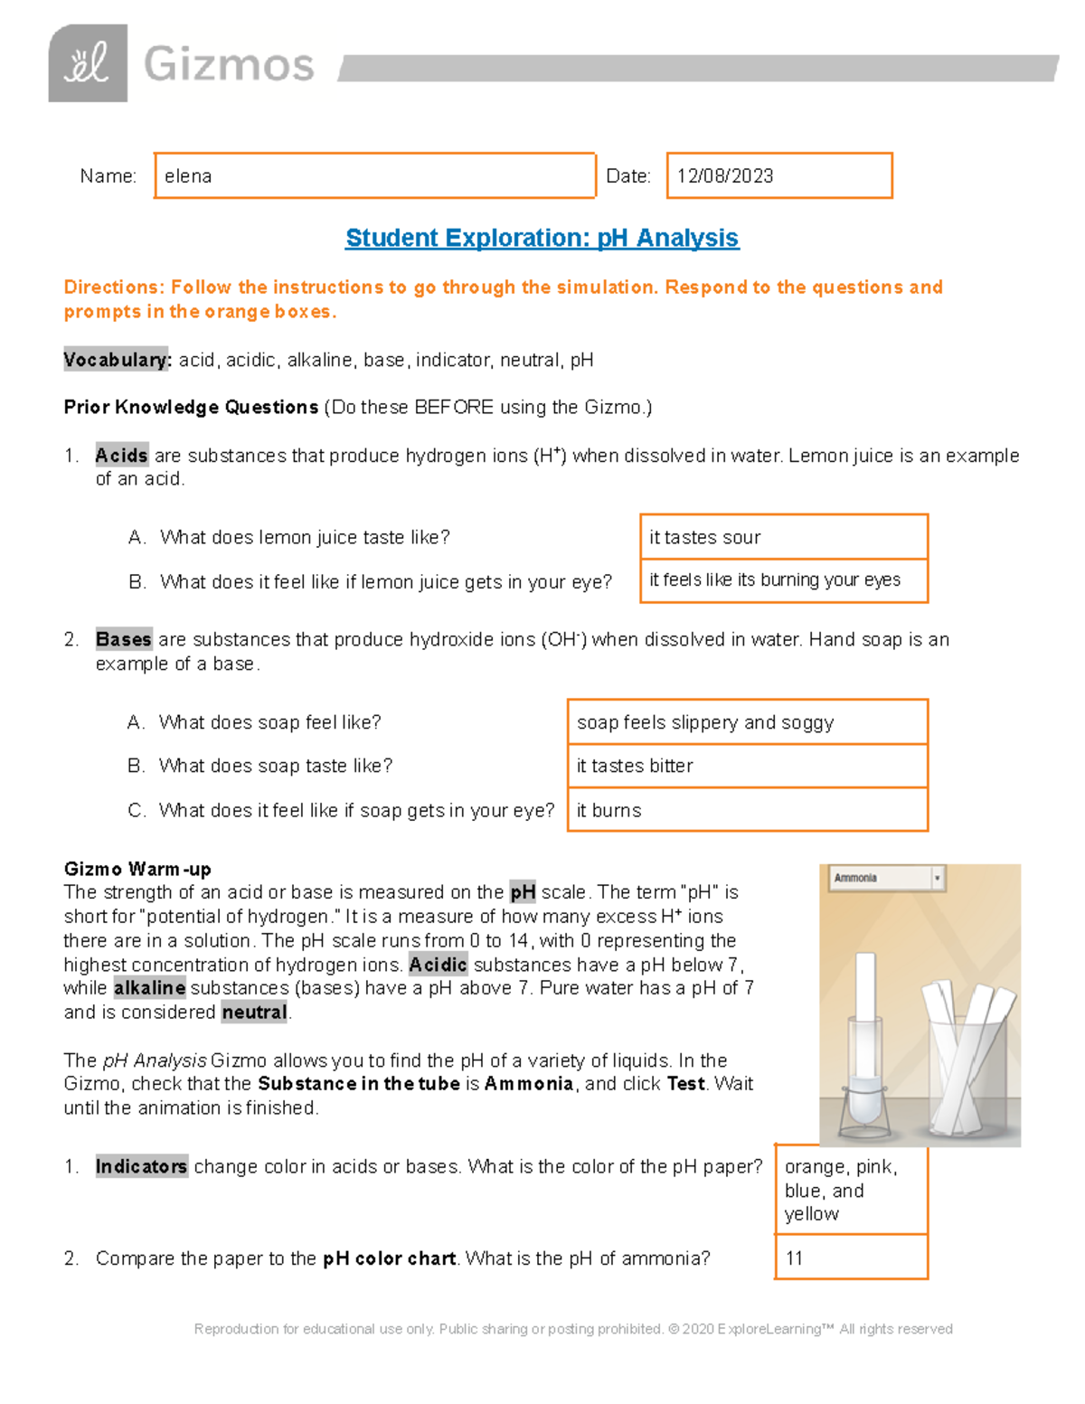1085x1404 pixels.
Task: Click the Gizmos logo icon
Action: coord(88,63)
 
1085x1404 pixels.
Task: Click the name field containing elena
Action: coord(374,175)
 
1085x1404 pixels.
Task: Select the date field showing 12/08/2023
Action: coord(778,175)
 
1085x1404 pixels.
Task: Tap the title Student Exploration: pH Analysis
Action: coord(542,238)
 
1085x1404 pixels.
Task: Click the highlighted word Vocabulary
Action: coord(117,360)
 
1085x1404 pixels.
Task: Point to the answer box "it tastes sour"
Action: coord(783,537)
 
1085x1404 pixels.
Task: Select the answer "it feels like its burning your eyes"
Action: coord(783,580)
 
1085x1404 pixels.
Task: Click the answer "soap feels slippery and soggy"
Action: coord(747,722)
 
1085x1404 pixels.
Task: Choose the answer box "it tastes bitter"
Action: coord(747,766)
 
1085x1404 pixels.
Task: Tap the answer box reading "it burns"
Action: coord(747,810)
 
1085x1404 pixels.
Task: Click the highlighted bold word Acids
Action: coord(121,456)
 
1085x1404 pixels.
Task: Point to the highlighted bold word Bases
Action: coord(124,639)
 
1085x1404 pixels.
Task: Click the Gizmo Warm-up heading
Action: coord(137,869)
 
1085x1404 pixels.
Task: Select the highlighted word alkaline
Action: coord(149,988)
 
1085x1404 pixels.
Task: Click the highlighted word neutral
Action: coord(254,1013)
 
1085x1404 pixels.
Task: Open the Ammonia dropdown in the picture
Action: coord(887,878)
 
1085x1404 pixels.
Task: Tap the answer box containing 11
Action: coord(851,1258)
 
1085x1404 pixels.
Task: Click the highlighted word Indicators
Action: coord(141,1166)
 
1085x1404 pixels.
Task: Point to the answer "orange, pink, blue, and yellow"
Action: coord(851,1190)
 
